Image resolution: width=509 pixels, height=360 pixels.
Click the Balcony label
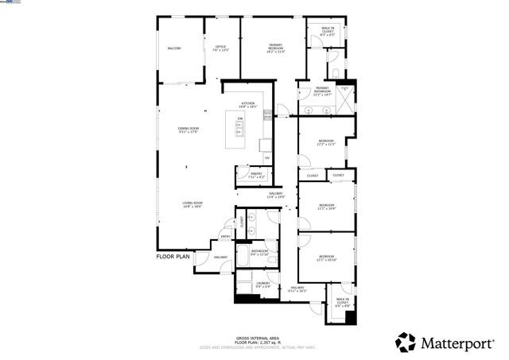point(174,48)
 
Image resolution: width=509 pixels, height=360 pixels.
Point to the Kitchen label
point(248,104)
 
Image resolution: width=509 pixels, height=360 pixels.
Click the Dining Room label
point(188,130)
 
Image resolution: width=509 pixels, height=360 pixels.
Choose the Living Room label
point(192,205)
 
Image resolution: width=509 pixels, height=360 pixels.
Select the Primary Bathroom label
point(322,91)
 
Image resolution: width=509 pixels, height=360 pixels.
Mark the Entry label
point(225,236)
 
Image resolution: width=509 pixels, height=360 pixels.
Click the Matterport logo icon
point(406,343)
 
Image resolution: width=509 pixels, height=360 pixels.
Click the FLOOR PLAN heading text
point(173,257)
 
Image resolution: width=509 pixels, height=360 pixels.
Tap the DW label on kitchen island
point(239,118)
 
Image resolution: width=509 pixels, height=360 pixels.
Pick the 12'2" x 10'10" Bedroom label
point(327,258)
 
